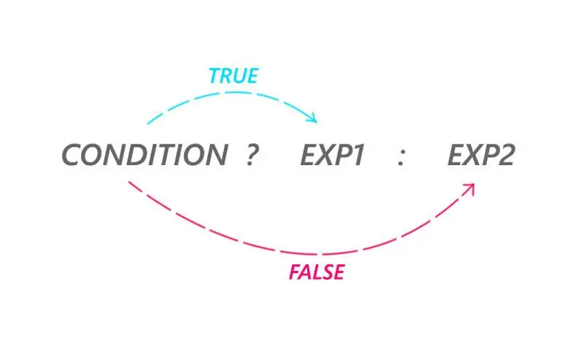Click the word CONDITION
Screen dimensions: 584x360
pyautogui.click(x=145, y=155)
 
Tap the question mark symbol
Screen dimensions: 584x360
pyautogui.click(x=252, y=155)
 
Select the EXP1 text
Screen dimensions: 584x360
pyautogui.click(x=332, y=155)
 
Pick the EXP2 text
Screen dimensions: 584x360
pyautogui.click(x=481, y=155)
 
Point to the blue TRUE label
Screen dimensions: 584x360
pyautogui.click(x=233, y=76)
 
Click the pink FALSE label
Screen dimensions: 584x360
pyautogui.click(x=317, y=272)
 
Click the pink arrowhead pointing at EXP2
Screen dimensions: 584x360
pyautogui.click(x=469, y=188)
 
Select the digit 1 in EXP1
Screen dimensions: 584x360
pyautogui.click(x=358, y=155)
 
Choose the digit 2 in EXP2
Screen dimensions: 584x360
pyautogui.click(x=507, y=155)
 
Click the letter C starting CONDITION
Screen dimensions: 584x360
pyautogui.click(x=72, y=155)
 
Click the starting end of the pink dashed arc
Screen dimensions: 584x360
pyautogui.click(x=129, y=182)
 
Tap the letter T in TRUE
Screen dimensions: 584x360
pyautogui.click(x=215, y=76)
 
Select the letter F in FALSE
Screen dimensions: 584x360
pyautogui.click(x=295, y=272)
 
